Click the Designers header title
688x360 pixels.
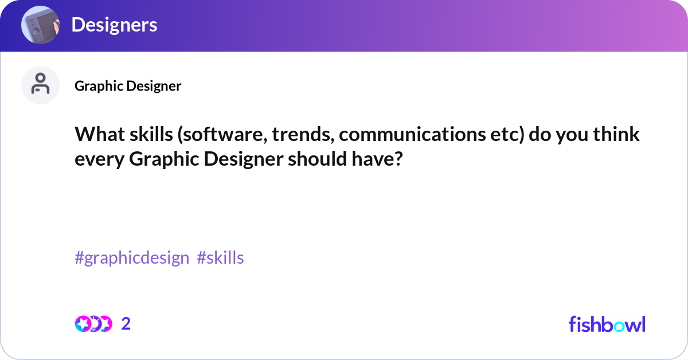(114, 25)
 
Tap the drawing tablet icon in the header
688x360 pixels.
(40, 25)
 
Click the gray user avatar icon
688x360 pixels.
(40, 85)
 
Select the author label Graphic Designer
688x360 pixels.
(128, 86)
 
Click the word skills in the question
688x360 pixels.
(151, 134)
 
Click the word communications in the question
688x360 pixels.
(412, 135)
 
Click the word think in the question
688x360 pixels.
(616, 134)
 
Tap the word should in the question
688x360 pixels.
(317, 159)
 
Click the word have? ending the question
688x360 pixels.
(377, 159)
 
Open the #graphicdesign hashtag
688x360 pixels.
(132, 258)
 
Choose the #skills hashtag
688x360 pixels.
(220, 257)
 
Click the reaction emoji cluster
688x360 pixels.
(93, 324)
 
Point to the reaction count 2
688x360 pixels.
(126, 324)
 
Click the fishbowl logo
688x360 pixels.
(607, 324)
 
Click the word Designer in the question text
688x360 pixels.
(244, 160)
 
